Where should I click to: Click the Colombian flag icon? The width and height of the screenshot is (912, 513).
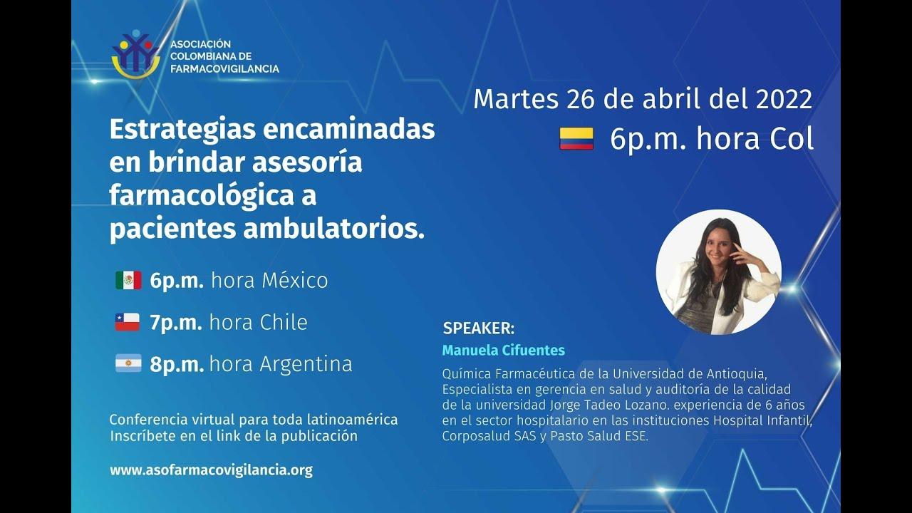[x=576, y=139]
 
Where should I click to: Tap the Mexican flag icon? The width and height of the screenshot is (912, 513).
[x=128, y=280]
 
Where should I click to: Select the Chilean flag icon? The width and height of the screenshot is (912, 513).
[x=128, y=322]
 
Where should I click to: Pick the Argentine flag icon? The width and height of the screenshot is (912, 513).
[x=128, y=364]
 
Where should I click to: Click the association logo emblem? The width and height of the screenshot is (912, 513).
[x=135, y=54]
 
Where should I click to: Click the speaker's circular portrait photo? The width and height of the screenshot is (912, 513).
[x=718, y=272]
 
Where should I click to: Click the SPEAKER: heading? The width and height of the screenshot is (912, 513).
[x=478, y=328]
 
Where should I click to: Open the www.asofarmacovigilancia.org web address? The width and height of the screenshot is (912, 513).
[x=211, y=470]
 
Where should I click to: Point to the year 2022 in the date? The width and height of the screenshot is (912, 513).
[x=784, y=99]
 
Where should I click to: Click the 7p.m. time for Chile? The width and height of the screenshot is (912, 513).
[x=176, y=322]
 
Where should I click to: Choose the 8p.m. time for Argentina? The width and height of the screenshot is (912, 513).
[x=176, y=364]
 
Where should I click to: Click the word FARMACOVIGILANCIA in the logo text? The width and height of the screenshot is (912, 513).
[x=224, y=68]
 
